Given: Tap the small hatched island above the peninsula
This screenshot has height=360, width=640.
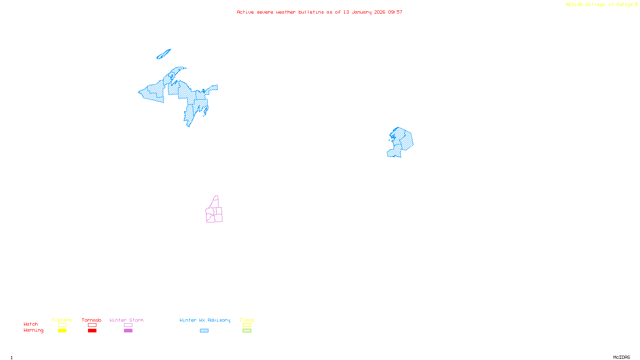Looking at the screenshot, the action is pos(164,54).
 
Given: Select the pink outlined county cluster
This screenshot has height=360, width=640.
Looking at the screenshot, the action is pos(215,212).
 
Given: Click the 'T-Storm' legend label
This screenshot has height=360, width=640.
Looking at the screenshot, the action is pos(62,320).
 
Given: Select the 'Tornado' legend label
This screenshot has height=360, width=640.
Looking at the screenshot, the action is pos(92,320).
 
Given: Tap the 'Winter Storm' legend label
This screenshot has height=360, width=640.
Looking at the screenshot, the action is pos(126,320).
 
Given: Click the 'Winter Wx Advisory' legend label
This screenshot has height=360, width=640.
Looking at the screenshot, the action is pos(205,320).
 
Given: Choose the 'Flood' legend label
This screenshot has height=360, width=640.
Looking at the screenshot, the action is pos(247,320).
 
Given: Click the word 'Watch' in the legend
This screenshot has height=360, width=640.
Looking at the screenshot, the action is pos(31,324).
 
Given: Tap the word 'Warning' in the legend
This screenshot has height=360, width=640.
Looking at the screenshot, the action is pos(34,330).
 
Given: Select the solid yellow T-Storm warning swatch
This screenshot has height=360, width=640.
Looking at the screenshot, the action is pos(62,331).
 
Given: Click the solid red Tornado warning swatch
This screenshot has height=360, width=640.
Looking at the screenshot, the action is pos(92,331).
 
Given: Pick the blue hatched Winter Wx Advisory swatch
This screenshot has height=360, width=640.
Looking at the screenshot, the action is pos(204,331).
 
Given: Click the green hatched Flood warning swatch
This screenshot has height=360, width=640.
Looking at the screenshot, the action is pos(247,331).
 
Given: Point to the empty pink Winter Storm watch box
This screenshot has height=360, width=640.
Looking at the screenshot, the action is pos(128,325).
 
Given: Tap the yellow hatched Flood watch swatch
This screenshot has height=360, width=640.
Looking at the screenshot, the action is pos(247,325).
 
